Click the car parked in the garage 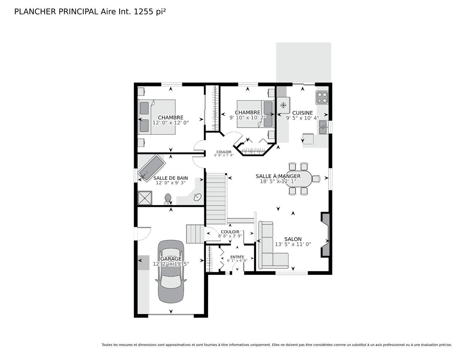pyautogui.click(x=171, y=271)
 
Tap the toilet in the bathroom pyautogui.click(x=168, y=199)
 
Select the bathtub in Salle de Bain pyautogui.click(x=151, y=168)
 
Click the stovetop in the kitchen pyautogui.click(x=322, y=97)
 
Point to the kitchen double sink pyautogui.click(x=323, y=127)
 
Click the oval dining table pyautogui.click(x=299, y=178)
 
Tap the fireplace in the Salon pyautogui.click(x=325, y=235)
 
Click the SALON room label pyautogui.click(x=293, y=239)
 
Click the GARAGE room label pyautogui.click(x=171, y=259)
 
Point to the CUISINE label pyautogui.click(x=303, y=113)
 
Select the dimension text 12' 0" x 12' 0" pyautogui.click(x=170, y=123)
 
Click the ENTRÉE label pyautogui.click(x=237, y=257)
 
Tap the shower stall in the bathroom pyautogui.click(x=145, y=198)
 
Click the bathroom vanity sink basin pyautogui.click(x=197, y=197)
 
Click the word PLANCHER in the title pyautogui.click(x=35, y=12)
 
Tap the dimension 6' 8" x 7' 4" pyautogui.click(x=224, y=155)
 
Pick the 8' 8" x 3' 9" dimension pyautogui.click(x=230, y=236)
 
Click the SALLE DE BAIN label pyautogui.click(x=170, y=178)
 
